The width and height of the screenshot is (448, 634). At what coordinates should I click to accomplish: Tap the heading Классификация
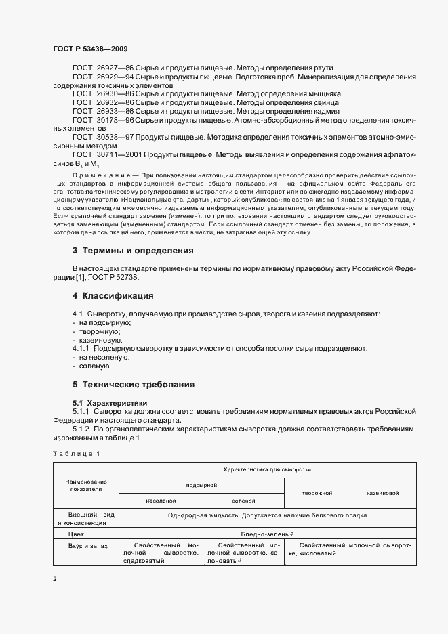[117, 296]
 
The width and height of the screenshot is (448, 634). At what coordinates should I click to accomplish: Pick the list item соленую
[95, 366]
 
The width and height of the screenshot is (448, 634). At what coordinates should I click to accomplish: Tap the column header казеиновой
[383, 493]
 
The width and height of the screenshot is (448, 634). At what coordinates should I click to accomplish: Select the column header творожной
[316, 493]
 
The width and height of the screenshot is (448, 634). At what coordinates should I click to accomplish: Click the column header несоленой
[161, 501]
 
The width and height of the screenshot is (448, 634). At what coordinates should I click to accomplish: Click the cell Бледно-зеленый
[268, 534]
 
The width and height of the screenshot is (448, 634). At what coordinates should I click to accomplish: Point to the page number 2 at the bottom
[54, 579]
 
